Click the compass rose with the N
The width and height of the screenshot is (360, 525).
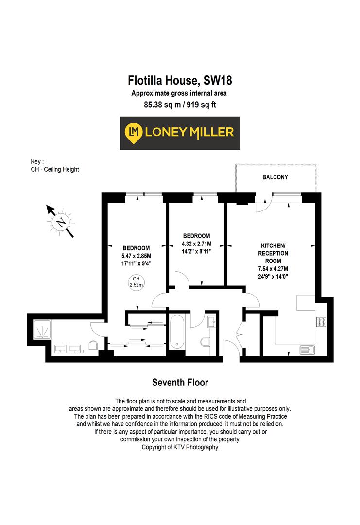coord(61,222)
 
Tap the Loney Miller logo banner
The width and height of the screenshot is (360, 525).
coord(180,133)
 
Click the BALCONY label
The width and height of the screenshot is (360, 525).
coord(275,177)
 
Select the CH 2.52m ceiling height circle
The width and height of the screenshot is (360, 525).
coord(137,282)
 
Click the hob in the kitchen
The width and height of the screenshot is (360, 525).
coord(321,322)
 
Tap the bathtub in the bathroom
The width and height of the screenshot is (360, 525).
coord(177,332)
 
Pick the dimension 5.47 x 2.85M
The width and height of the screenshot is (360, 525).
coord(137,256)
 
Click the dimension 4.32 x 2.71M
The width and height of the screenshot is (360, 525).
coord(196,244)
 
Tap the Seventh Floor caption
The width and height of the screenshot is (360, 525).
coord(180,382)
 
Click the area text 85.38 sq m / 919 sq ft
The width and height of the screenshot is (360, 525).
coord(180,104)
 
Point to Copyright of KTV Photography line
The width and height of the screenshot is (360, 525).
coord(180,447)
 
